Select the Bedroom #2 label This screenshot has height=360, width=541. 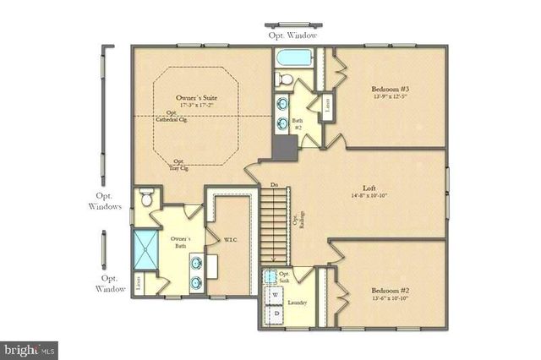390,293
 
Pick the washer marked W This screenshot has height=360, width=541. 276,295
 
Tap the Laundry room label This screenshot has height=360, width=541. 297,303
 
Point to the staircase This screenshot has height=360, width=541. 275,221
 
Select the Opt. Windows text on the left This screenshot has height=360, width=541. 105,201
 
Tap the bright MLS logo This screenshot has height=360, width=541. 29,347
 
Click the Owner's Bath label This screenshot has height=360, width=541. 178,243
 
